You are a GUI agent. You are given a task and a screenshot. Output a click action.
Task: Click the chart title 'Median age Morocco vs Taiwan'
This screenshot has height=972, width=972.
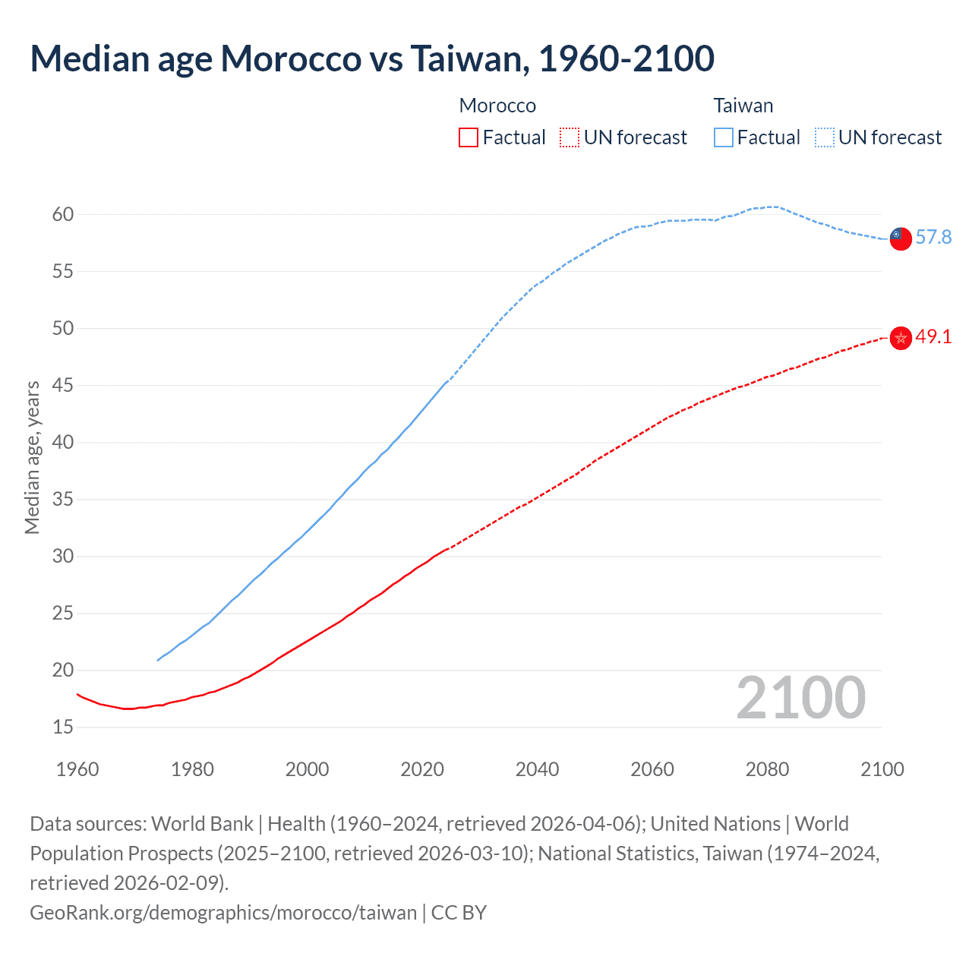point(371,58)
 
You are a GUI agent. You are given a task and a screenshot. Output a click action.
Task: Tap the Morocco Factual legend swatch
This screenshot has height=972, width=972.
point(469,137)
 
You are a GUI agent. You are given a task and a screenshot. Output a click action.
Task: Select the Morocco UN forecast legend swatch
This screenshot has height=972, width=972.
point(570,137)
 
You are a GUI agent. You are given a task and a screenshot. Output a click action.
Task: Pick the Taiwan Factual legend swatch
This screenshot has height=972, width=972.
point(724,137)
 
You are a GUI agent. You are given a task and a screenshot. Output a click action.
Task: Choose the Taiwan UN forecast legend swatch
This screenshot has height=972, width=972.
point(825,137)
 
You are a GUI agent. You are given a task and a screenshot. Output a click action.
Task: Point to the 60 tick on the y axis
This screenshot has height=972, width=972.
point(63,215)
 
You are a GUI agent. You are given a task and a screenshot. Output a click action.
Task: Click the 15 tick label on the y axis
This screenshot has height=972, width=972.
point(63,727)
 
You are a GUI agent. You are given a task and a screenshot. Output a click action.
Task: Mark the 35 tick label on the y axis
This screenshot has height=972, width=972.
point(63,500)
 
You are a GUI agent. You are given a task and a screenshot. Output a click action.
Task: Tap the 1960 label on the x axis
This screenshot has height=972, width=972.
point(77,769)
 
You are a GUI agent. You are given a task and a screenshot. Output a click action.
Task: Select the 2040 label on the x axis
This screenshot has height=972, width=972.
point(538,769)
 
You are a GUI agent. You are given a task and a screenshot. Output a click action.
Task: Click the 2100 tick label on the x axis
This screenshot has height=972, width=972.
point(882,769)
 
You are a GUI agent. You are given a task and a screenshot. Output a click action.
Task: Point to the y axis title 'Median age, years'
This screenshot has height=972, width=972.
point(32,458)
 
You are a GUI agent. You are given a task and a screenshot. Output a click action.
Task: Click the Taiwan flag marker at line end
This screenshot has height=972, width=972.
point(901,238)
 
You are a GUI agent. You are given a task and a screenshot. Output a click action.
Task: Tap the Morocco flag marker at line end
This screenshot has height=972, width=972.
point(901,337)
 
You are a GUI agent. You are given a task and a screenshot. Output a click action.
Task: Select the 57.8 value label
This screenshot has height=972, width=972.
point(933,238)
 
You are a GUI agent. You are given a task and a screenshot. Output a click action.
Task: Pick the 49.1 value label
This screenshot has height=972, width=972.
point(933,337)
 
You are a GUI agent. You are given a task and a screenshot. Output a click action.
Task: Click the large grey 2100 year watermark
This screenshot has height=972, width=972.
point(800,698)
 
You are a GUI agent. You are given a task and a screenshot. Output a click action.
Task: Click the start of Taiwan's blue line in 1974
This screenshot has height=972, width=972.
point(158,660)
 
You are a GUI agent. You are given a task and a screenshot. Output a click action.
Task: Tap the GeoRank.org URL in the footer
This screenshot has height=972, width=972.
point(223,912)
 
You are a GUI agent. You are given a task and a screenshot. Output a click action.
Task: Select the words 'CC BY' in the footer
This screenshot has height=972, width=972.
point(459,912)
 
